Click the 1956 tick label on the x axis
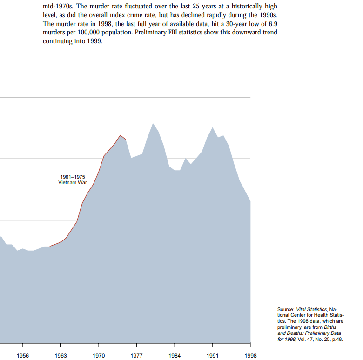click(22, 355)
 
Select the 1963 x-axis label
click(60, 355)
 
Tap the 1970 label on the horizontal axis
click(99, 355)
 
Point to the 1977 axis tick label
click(137, 355)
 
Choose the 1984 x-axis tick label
click(175, 355)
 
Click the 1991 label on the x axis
click(213, 355)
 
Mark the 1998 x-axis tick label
click(250, 355)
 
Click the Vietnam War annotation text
click(73, 182)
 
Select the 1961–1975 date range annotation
click(73, 177)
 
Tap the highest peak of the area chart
click(153, 123)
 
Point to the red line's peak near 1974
click(120, 135)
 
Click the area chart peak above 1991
click(213, 127)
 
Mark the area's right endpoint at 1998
click(250, 201)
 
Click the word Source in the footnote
click(285, 309)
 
